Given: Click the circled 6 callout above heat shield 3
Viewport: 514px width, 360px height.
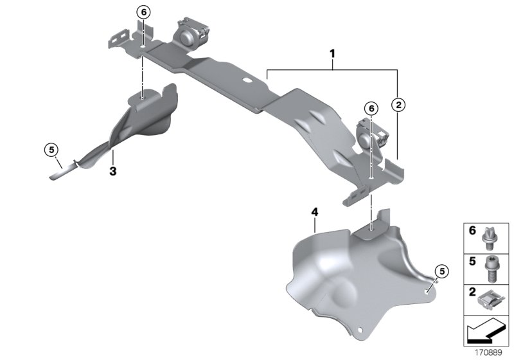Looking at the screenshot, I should [142, 12].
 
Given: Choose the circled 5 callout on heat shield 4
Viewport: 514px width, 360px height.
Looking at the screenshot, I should [440, 271].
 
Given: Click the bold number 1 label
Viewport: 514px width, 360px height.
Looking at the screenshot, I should [332, 55].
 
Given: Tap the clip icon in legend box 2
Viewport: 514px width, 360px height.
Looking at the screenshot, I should [493, 298].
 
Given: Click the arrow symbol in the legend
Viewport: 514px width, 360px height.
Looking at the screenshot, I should [485, 332].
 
